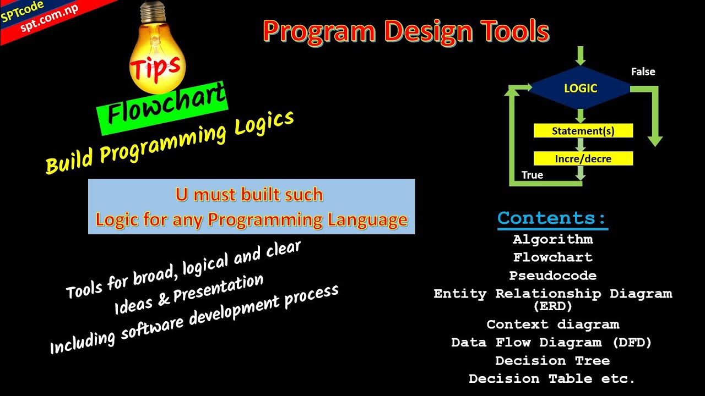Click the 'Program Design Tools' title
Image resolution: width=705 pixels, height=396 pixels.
(406, 31)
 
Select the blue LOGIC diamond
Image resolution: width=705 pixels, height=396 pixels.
(580, 88)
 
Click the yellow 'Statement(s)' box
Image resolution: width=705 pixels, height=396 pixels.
(583, 131)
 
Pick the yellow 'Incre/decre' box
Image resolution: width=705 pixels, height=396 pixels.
(583, 159)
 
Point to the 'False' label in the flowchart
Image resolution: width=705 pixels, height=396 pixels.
(643, 71)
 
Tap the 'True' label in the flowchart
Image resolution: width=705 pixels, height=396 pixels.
(532, 175)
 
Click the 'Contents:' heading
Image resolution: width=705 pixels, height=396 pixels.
(552, 218)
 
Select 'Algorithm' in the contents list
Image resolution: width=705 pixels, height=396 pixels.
(552, 239)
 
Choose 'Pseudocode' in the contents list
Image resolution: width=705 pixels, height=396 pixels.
(552, 276)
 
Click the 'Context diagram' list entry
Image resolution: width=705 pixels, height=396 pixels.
(552, 324)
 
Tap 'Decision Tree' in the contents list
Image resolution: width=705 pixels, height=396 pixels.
(552, 361)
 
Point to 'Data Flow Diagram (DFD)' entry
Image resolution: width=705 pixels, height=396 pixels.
(551, 343)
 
